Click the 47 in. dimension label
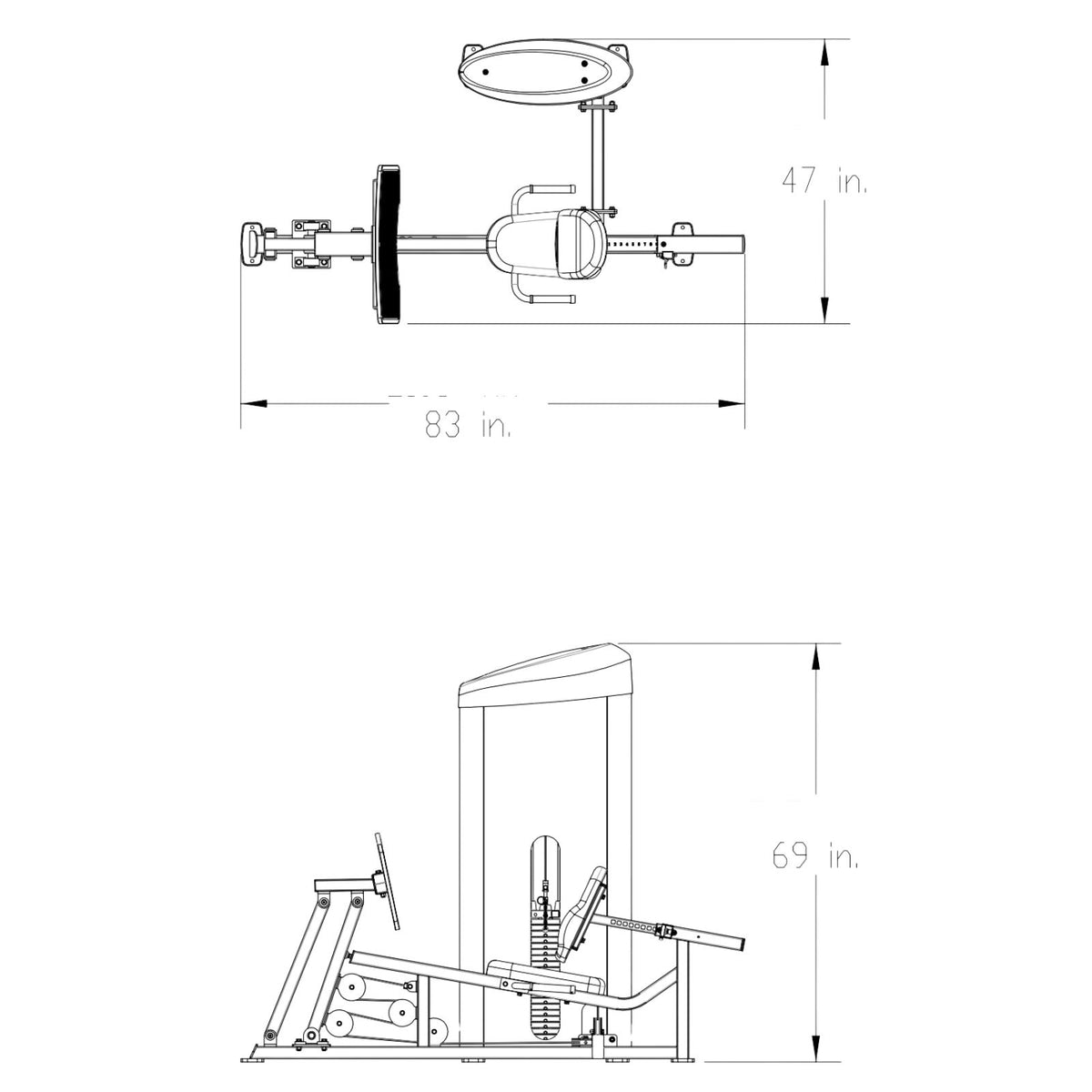pyautogui.click(x=824, y=181)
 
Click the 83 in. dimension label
pyautogui.click(x=468, y=425)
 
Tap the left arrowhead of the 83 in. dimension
pyautogui.click(x=253, y=404)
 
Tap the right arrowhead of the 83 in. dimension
pyautogui.click(x=732, y=404)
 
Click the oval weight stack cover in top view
pyautogui.click(x=545, y=71)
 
